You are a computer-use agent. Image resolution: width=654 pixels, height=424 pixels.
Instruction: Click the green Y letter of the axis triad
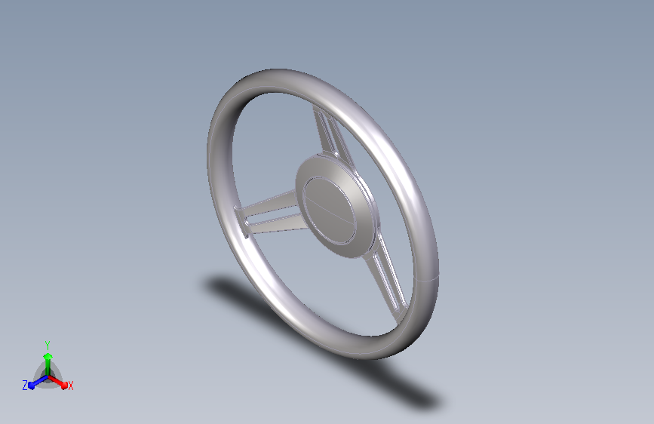coord(48,345)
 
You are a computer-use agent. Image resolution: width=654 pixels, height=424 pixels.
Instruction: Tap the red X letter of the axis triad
coord(70,386)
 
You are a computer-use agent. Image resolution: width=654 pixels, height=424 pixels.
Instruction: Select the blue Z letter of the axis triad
coord(25,386)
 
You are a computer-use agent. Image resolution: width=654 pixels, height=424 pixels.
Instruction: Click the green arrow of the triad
coord(48,364)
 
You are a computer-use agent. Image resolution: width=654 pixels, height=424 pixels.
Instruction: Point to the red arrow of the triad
coord(57,382)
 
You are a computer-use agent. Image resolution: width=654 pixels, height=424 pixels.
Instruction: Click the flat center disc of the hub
coord(330,210)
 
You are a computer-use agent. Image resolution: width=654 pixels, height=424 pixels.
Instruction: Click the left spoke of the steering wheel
coord(269,214)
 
